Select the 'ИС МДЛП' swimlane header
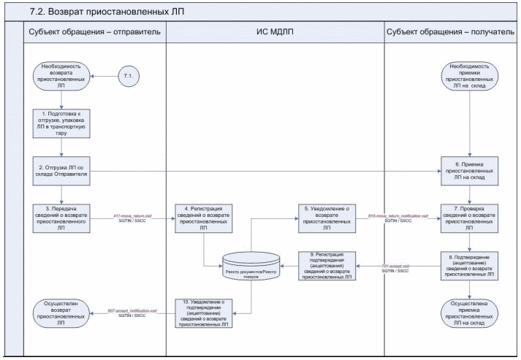[275, 32]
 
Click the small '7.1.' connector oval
[130, 75]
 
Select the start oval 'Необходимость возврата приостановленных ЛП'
[62, 76]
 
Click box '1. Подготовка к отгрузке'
[62, 123]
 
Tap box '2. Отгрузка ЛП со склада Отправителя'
[62, 171]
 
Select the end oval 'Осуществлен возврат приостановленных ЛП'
[62, 312]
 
